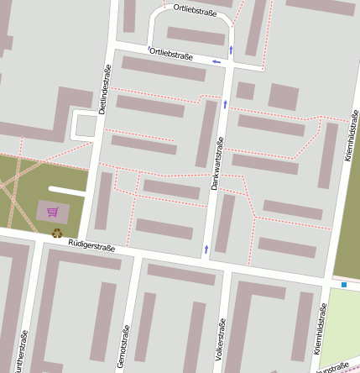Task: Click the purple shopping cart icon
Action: click(53, 212)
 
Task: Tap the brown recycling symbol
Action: click(56, 234)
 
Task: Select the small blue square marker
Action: click(344, 286)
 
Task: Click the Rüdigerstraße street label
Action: click(91, 246)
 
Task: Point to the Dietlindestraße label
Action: click(104, 90)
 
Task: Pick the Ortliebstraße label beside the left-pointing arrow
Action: click(170, 55)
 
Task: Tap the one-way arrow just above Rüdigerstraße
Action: click(206, 249)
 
